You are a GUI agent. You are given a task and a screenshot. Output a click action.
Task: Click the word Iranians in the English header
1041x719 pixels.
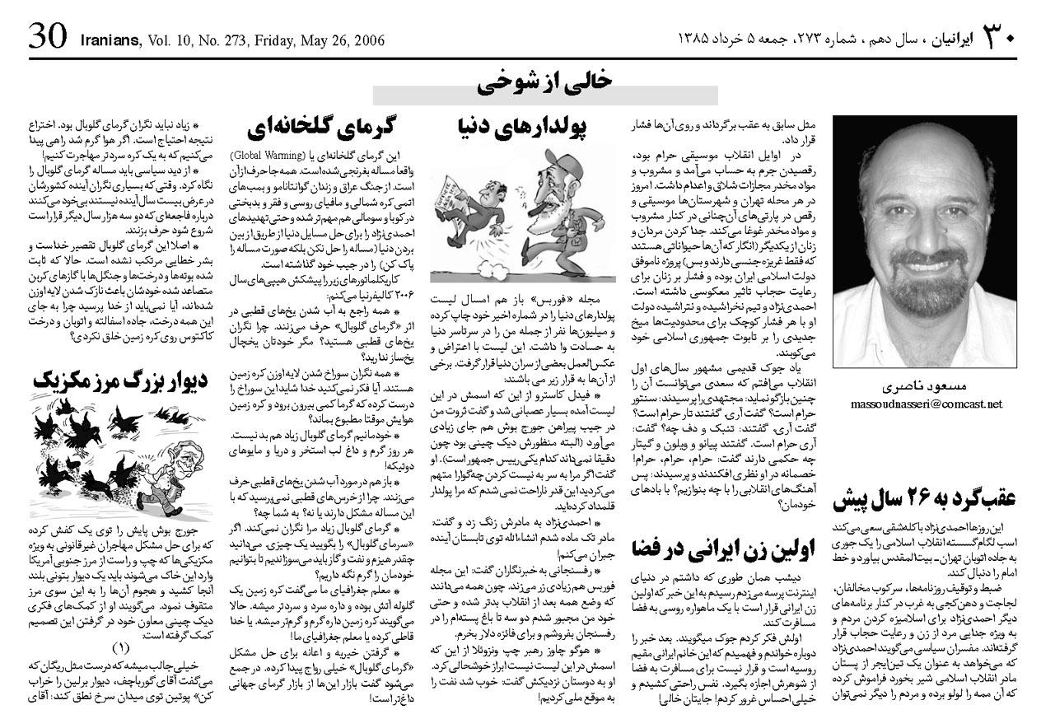click(x=110, y=40)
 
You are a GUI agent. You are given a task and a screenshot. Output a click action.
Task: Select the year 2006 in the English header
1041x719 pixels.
click(x=366, y=40)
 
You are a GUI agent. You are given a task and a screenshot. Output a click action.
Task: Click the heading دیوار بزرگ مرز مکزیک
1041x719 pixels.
click(x=120, y=380)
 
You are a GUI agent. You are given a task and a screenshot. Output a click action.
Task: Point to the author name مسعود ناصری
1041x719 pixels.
click(x=926, y=386)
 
